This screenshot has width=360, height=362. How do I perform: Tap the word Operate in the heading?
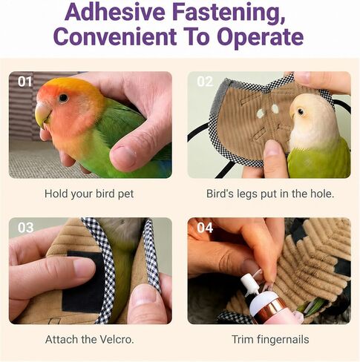coord(261,37)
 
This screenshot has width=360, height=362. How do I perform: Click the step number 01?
coord(24,82)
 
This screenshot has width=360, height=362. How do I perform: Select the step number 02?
coord(205,82)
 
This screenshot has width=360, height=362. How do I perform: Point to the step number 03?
coord(25,228)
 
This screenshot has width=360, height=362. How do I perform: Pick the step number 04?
coord(205,228)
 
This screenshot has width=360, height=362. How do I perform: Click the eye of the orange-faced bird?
coord(63,98)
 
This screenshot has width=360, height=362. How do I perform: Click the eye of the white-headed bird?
coord(301,112)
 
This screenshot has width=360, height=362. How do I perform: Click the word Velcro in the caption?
coord(117,339)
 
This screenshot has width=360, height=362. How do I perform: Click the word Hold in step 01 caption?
coord(56,194)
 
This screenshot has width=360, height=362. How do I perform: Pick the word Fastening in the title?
coord(229,13)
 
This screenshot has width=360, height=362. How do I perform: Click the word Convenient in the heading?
coord(115,36)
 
